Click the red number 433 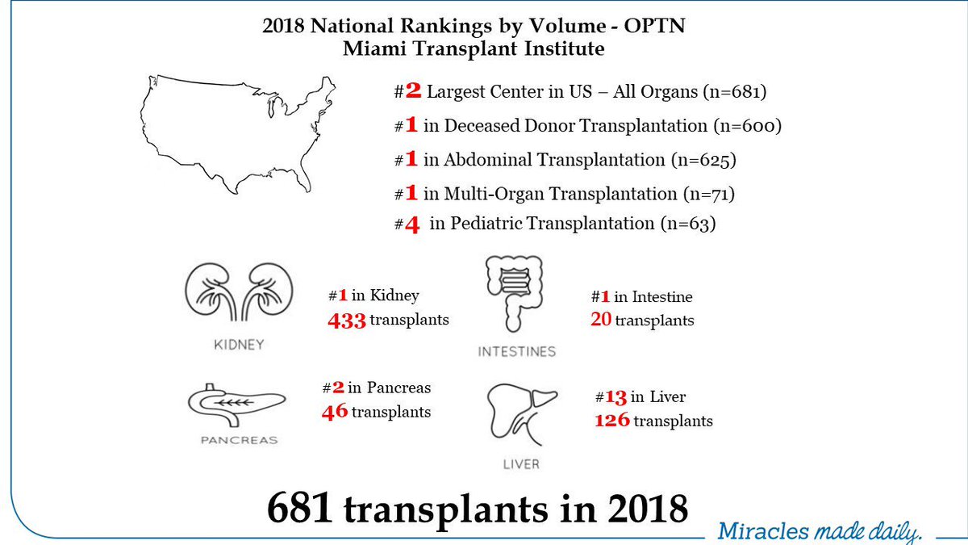pyautogui.click(x=347, y=320)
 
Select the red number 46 pyautogui.click(x=334, y=412)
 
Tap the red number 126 pyautogui.click(x=612, y=421)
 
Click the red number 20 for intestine pyautogui.click(x=601, y=321)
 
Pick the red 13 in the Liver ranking pyautogui.click(x=616, y=397)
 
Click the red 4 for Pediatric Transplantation pyautogui.click(x=411, y=224)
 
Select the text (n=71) pyautogui.click(x=709, y=193)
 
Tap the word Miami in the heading pyautogui.click(x=370, y=48)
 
